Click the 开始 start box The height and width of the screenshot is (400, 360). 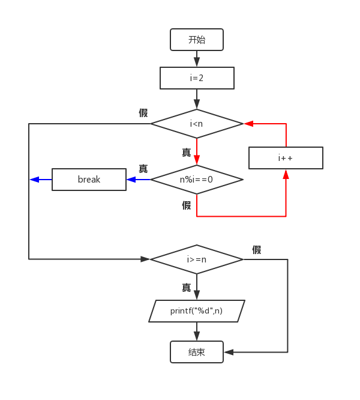click(x=197, y=40)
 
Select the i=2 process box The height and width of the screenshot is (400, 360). click(x=197, y=78)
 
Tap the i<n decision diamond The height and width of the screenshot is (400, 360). click(x=197, y=124)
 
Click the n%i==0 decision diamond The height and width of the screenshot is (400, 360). click(x=197, y=179)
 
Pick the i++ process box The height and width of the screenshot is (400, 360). click(x=286, y=158)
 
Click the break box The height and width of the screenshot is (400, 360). click(x=89, y=179)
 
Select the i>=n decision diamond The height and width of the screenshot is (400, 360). click(x=197, y=259)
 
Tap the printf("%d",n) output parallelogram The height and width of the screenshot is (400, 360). click(x=197, y=311)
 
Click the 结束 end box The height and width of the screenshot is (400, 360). click(x=197, y=352)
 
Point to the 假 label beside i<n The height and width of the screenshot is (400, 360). click(x=143, y=113)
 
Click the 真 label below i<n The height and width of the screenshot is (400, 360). click(x=187, y=153)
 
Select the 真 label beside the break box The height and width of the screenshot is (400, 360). click(x=143, y=169)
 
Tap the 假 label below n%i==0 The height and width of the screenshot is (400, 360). click(x=187, y=205)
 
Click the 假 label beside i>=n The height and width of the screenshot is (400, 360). click(x=257, y=250)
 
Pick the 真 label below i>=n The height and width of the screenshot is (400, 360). click(x=187, y=288)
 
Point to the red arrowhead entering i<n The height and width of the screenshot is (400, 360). click(x=247, y=124)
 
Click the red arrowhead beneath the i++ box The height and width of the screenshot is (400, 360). click(x=286, y=174)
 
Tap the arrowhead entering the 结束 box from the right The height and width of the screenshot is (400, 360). click(x=229, y=352)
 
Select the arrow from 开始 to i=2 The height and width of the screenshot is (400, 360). click(x=197, y=59)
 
